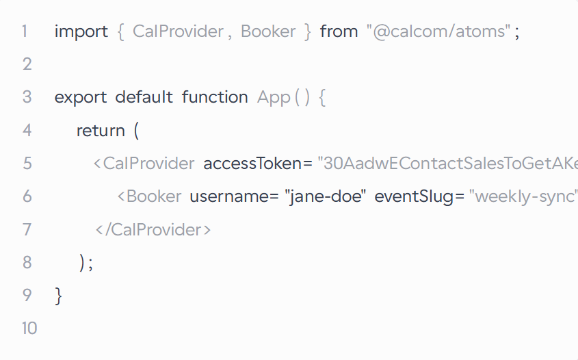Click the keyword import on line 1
point(81,31)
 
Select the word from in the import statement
point(339,31)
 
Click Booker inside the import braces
point(268,31)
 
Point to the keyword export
point(81,98)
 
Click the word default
point(144,97)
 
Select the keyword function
point(215,97)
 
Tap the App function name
point(274,98)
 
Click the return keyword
point(101,131)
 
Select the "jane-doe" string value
point(325,196)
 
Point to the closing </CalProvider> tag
point(153,230)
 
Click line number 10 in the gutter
point(29,329)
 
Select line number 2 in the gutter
point(27,64)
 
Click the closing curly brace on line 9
point(58,296)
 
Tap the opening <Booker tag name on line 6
point(149,196)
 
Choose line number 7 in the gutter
point(27,229)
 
